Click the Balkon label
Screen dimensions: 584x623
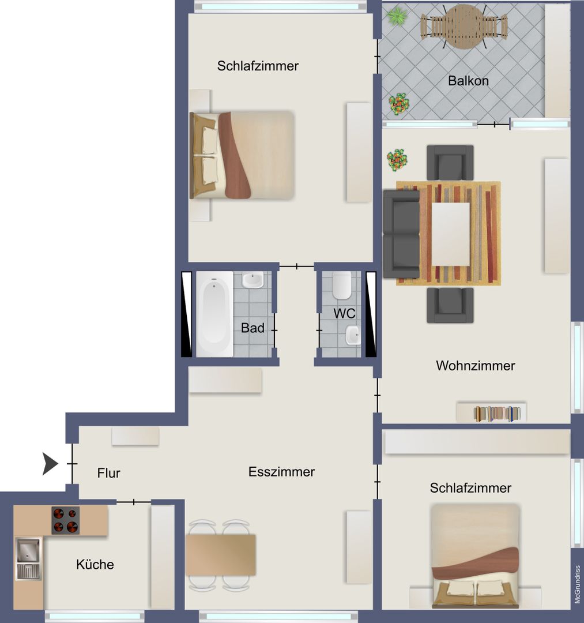(468, 81)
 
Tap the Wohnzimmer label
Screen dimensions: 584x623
(475, 366)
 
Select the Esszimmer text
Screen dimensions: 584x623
(281, 472)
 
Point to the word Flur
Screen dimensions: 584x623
(108, 473)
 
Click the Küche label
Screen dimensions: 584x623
(95, 564)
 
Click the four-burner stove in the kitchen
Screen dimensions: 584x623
(66, 520)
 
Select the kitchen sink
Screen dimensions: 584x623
(28, 558)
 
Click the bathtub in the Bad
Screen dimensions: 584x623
(214, 314)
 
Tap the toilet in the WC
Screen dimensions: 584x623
(342, 286)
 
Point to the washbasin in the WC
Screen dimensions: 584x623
(353, 335)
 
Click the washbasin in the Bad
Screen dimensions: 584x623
(253, 280)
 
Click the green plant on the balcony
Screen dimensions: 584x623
(397, 17)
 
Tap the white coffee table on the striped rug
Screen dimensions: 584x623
(451, 234)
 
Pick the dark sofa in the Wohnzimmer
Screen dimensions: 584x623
(401, 234)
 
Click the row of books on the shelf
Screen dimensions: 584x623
(497, 414)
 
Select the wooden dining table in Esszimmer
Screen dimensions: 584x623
(221, 555)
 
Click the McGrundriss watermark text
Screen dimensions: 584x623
(578, 584)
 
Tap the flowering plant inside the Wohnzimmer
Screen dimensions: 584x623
(397, 160)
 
